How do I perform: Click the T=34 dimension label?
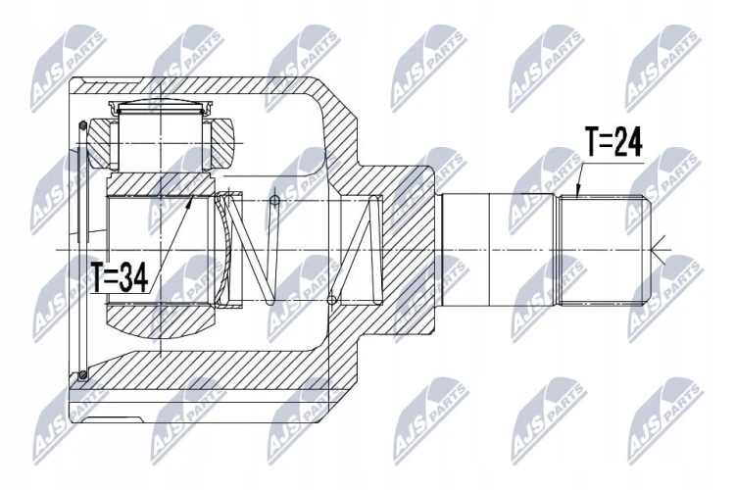pos(121,276)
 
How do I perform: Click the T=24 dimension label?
pos(613,141)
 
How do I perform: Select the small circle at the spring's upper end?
pos(275,201)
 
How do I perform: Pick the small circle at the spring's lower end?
pos(332,300)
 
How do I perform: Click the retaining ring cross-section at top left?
pos(83,125)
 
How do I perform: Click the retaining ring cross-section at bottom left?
pos(83,374)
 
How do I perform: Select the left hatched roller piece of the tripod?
pos(101,143)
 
